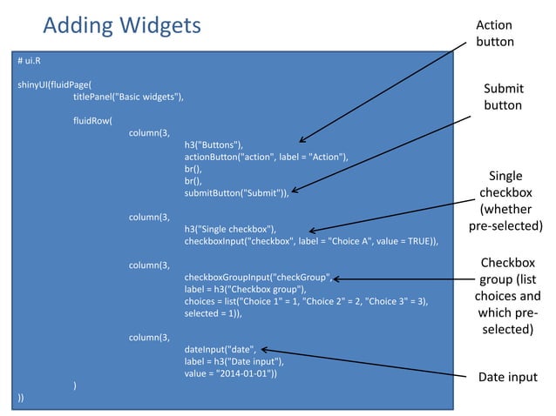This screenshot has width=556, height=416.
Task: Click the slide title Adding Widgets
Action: tap(121, 25)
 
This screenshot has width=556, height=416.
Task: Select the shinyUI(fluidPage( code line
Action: tap(54, 85)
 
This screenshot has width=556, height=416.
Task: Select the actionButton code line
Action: tap(266, 157)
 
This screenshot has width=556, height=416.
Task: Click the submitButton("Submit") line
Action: tap(236, 192)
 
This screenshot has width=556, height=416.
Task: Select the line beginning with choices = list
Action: tap(306, 300)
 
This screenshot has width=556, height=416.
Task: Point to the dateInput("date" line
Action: tap(221, 349)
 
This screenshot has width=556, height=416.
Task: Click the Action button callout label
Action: tap(494, 33)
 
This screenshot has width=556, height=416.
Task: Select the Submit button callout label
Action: tap(503, 97)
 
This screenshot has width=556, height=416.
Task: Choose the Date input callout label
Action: tap(508, 377)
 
